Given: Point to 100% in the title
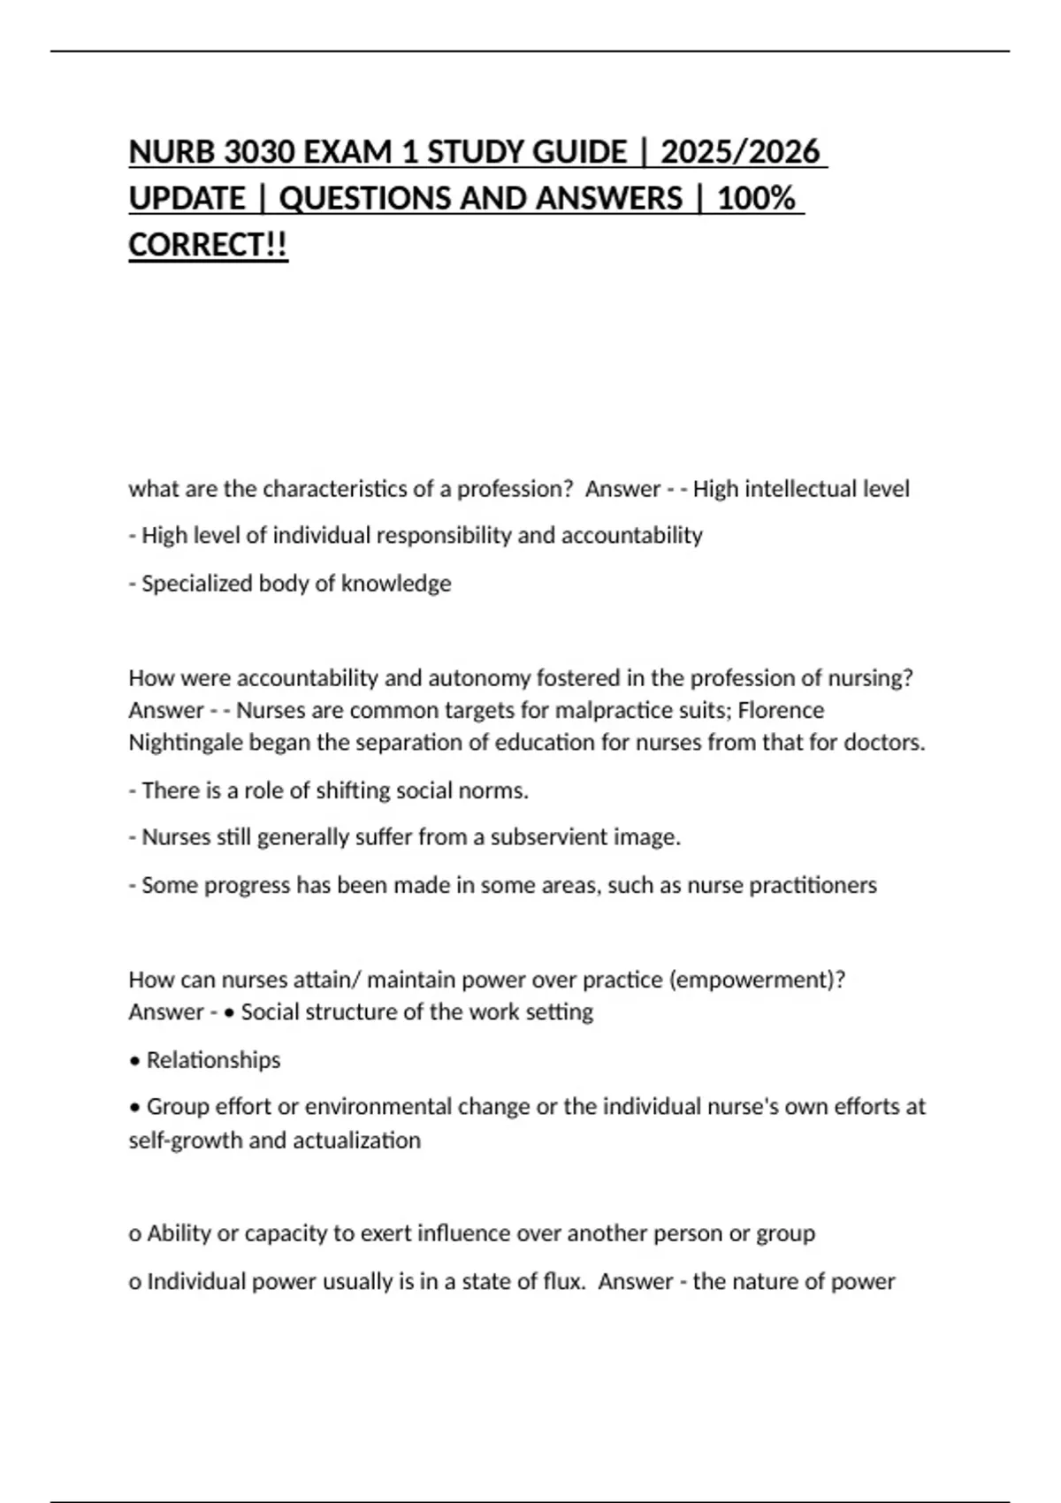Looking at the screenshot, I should (756, 199).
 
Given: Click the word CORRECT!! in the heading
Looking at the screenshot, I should (208, 245).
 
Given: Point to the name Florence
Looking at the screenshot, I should (781, 710).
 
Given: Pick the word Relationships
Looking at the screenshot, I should (213, 1060).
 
